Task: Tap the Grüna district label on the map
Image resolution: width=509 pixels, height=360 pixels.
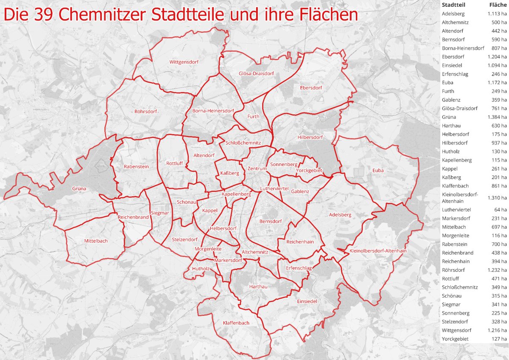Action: tap(79, 188)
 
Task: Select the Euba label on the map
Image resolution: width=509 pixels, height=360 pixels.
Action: tap(378, 171)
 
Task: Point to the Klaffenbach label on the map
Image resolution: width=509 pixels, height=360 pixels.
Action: tap(236, 323)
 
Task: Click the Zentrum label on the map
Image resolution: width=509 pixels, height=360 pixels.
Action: tap(257, 169)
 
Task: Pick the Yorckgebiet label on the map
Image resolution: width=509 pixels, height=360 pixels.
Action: tap(309, 171)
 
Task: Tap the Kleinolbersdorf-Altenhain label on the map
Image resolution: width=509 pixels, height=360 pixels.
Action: tap(378, 251)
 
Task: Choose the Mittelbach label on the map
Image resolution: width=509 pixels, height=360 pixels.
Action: tap(96, 241)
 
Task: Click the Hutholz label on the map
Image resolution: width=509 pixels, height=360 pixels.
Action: tap(201, 269)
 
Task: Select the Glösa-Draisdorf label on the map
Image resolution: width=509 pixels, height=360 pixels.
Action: tap(256, 73)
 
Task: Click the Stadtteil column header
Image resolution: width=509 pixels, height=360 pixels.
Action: tap(454, 5)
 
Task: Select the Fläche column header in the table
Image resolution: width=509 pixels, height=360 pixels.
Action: tap(498, 5)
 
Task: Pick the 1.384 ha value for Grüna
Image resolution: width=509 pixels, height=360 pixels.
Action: tap(497, 117)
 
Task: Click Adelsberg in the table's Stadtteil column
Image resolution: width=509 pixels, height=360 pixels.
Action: tap(453, 14)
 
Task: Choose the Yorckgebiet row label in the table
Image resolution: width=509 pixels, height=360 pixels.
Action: tap(456, 339)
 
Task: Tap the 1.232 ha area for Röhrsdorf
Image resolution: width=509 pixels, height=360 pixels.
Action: tap(497, 270)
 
